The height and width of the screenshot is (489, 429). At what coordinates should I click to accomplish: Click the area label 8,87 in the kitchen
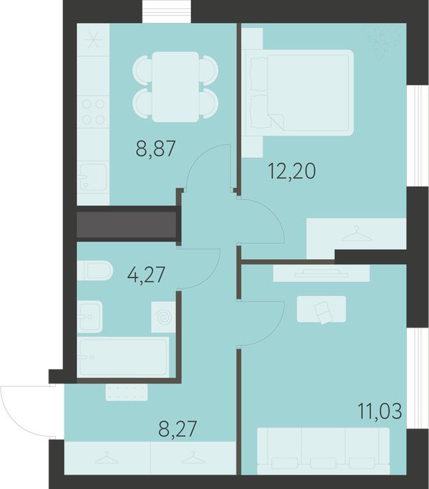point(156,149)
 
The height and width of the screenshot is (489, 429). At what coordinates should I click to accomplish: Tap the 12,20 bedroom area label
point(292,171)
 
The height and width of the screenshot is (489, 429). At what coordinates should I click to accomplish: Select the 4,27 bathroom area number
point(146,275)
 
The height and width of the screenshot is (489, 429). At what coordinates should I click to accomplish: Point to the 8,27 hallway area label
point(177,429)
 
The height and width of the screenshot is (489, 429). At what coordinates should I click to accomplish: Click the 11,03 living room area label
point(379,411)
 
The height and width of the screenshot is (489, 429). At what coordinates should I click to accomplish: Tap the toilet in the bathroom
point(95,270)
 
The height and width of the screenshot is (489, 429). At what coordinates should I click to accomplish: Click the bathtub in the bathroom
point(123,357)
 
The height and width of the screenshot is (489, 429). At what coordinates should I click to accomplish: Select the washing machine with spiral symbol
point(163,317)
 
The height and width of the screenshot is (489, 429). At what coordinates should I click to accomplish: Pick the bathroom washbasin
point(90,316)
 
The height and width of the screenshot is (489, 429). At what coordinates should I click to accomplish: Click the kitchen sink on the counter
point(93,177)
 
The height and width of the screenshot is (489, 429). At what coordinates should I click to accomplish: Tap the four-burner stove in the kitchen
point(94,112)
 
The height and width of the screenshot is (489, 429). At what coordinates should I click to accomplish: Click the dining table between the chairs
point(175,87)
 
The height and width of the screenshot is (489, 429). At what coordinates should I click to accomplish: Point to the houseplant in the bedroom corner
point(384,43)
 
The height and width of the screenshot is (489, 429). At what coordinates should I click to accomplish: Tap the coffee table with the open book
point(321,309)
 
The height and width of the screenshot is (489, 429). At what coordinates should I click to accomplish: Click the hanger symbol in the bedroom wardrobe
point(356,234)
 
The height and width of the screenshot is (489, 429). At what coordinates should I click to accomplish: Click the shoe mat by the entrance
point(126,393)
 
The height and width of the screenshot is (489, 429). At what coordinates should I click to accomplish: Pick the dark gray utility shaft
point(126,224)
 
